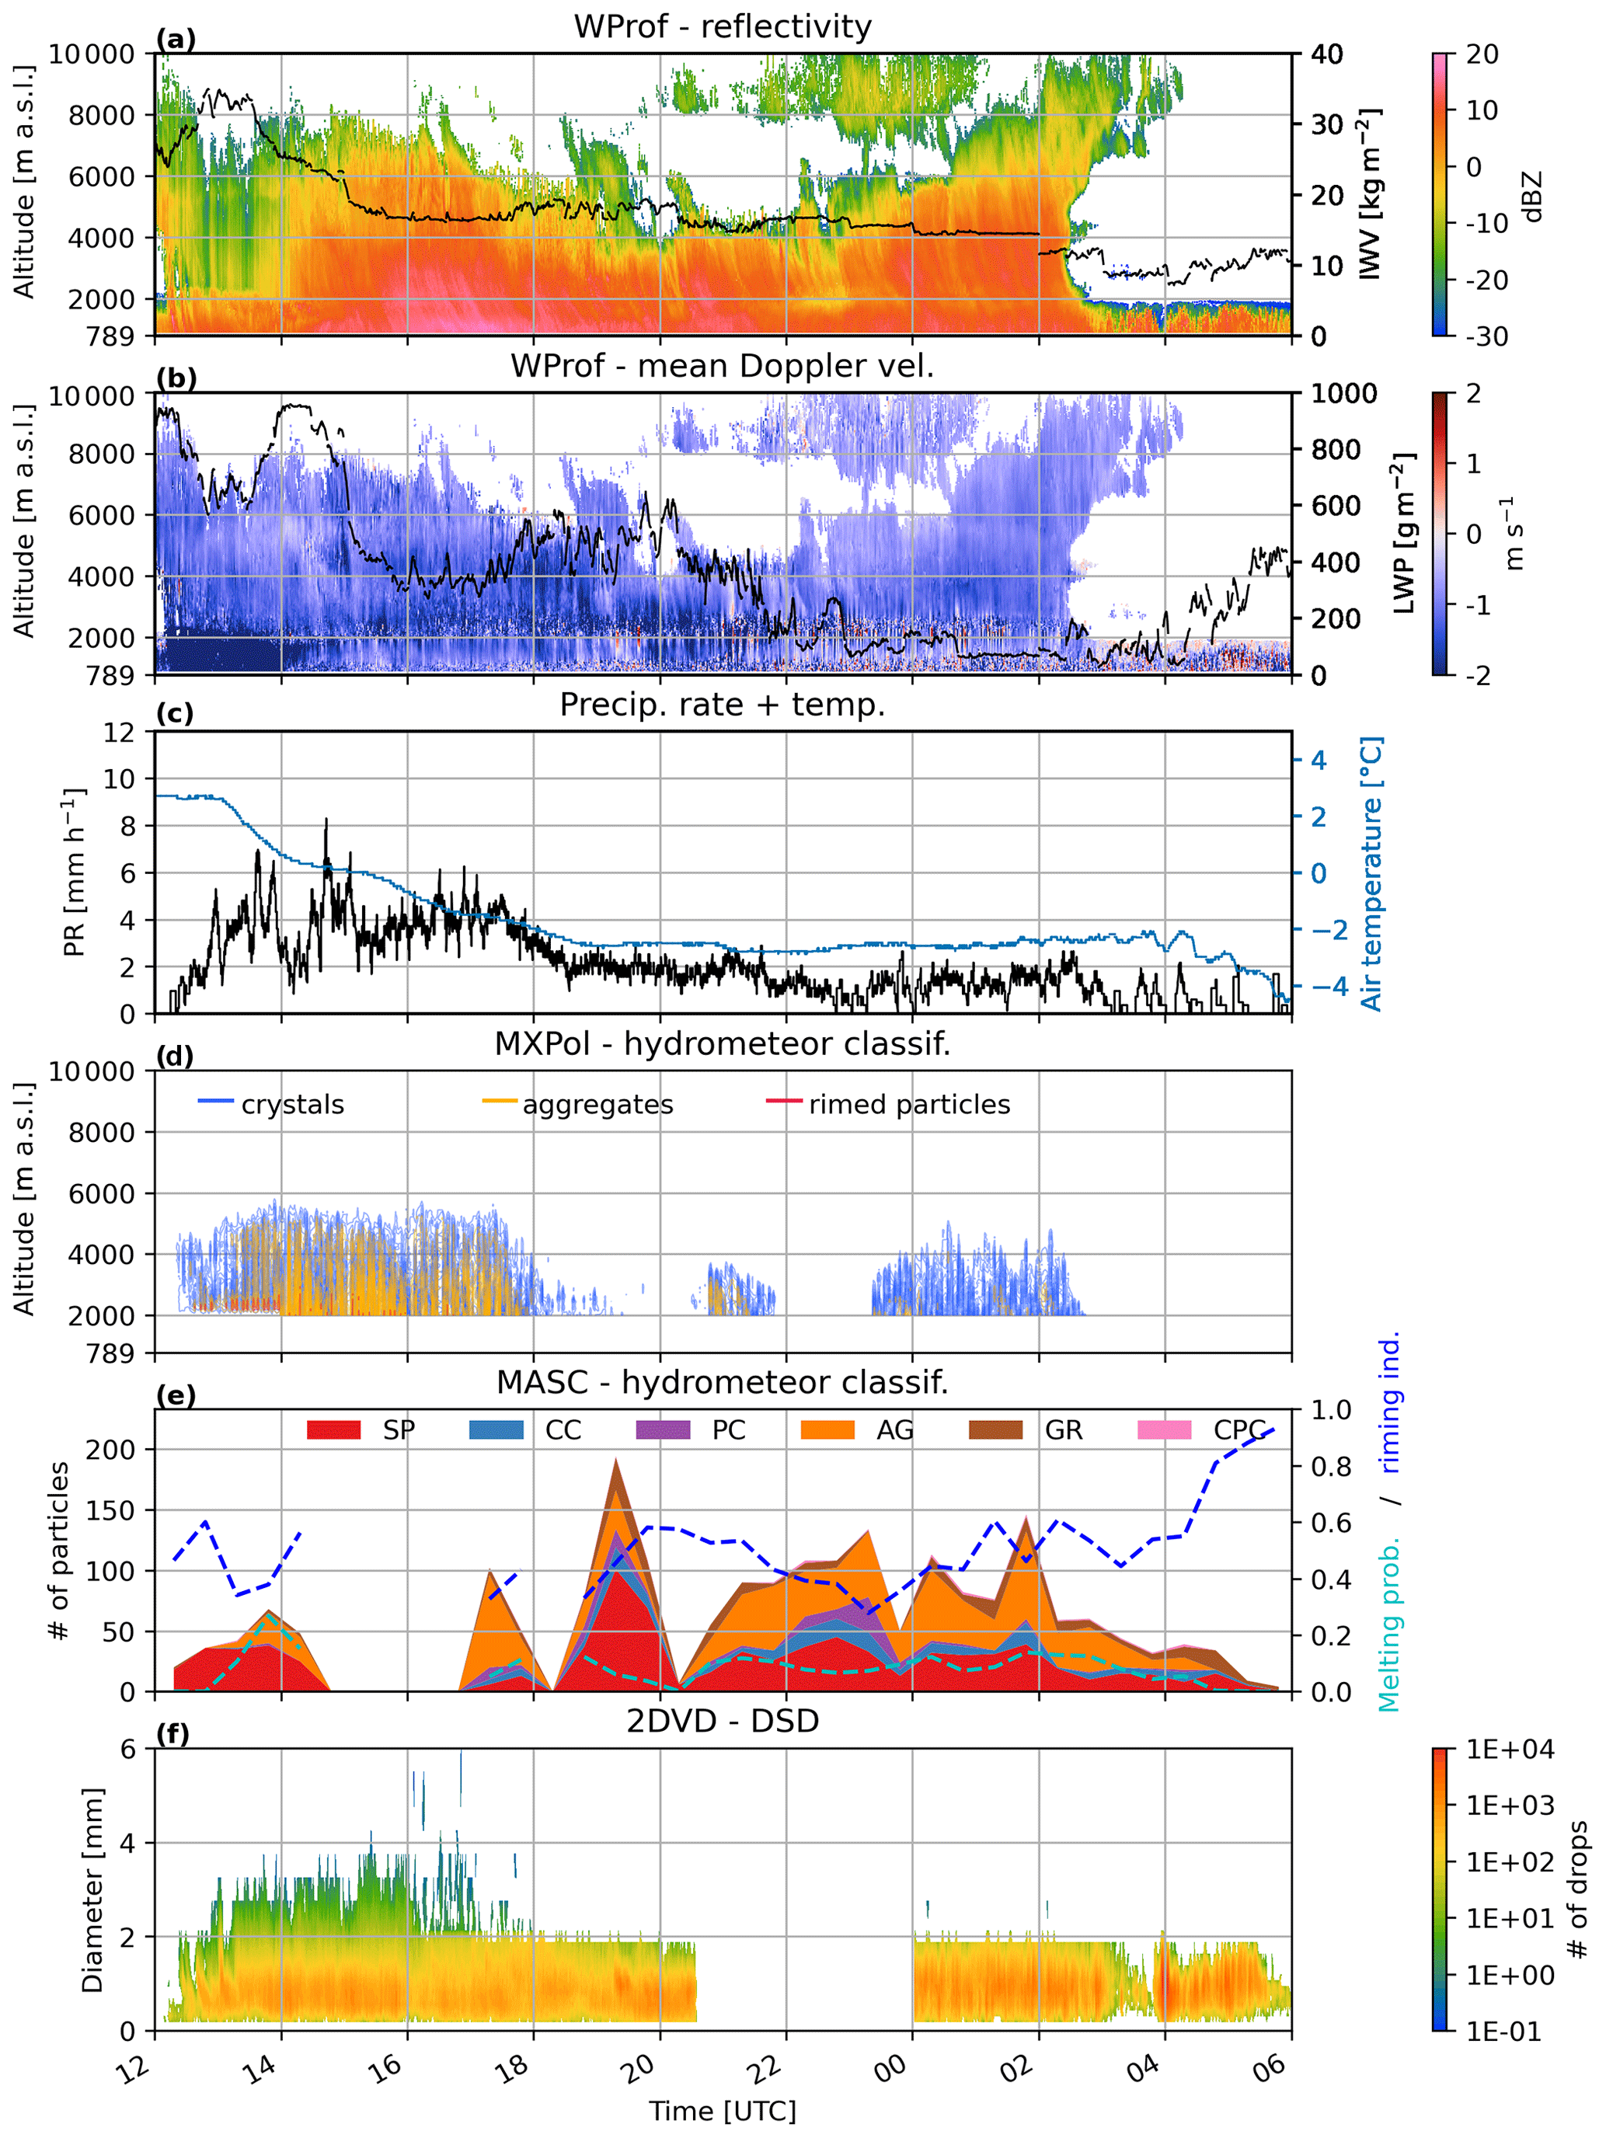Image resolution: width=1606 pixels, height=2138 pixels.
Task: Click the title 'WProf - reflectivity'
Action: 723,26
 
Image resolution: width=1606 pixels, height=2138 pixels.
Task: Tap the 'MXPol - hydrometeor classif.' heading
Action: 723,1044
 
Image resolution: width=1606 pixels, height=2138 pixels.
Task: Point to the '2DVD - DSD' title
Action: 723,1722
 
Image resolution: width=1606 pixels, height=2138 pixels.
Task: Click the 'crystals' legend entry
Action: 292,1105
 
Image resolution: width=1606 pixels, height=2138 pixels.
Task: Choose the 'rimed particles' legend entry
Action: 909,1105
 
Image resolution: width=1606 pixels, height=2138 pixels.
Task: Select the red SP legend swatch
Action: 333,1430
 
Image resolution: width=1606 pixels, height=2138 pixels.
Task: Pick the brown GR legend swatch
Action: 995,1430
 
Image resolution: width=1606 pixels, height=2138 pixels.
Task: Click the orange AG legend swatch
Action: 827,1430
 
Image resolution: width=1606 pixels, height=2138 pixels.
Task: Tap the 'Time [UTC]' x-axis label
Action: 723,2112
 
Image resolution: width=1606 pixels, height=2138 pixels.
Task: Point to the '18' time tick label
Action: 514,2067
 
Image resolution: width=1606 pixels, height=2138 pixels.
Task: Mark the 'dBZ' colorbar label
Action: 1531,197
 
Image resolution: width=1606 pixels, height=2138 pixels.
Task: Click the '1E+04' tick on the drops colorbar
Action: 1510,1750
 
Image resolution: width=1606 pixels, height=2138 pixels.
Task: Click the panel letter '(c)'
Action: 175,713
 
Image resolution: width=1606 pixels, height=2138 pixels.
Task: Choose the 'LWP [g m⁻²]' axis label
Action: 1403,534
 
